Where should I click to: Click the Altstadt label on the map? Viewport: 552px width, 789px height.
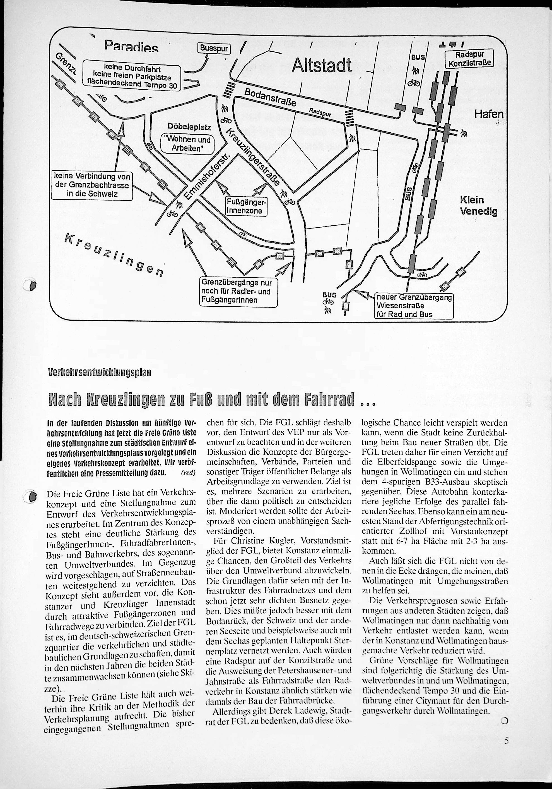[322, 65]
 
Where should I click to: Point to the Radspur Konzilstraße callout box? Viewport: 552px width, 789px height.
[469, 59]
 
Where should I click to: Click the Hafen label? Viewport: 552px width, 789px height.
[489, 115]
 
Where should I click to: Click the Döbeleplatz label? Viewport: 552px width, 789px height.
[189, 127]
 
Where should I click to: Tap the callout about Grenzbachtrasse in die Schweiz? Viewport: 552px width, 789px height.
[92, 185]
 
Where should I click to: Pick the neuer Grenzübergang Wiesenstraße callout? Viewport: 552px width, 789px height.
[414, 306]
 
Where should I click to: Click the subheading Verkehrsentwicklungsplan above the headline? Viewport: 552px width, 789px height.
[100, 373]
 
